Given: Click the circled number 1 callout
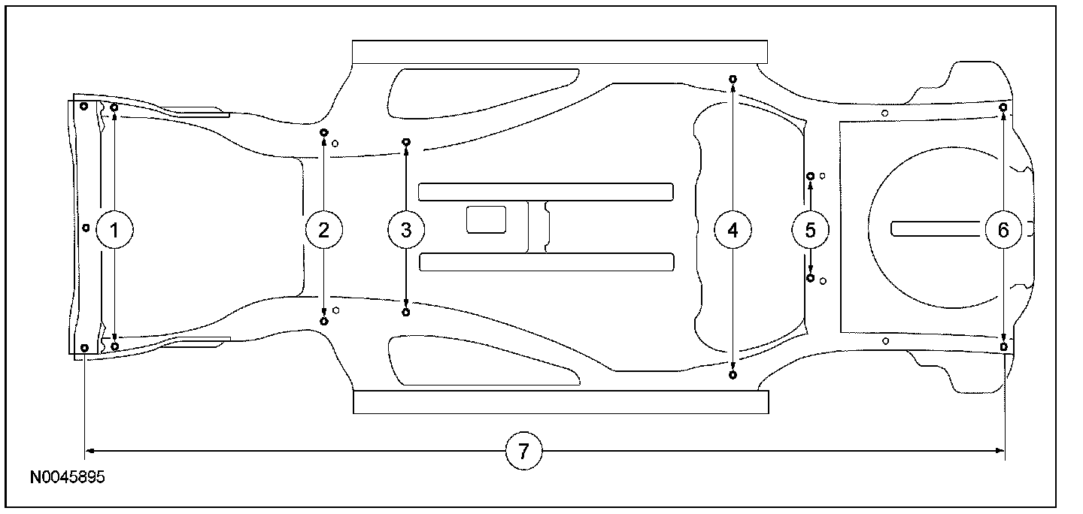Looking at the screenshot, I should [114, 230].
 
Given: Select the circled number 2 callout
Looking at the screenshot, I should [324, 230].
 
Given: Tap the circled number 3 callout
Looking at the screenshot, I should [406, 230].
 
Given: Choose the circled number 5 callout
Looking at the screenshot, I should [810, 230].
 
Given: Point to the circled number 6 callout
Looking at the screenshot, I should [1003, 230].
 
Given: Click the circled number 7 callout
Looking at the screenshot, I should [523, 451].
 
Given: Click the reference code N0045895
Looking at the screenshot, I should [68, 477].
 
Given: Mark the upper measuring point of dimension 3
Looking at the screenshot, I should [406, 142].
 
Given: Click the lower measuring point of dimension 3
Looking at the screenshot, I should [406, 312].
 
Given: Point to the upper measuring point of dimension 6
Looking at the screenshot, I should [1003, 107].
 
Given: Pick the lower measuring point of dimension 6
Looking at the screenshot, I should [1003, 346].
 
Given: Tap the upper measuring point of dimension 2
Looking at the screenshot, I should [323, 132].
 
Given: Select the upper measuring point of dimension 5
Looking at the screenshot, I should [810, 177].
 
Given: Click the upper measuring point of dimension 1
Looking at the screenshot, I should [114, 108].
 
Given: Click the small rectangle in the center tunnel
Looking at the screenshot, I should [486, 219].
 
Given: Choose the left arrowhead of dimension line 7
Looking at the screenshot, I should [89, 451].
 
